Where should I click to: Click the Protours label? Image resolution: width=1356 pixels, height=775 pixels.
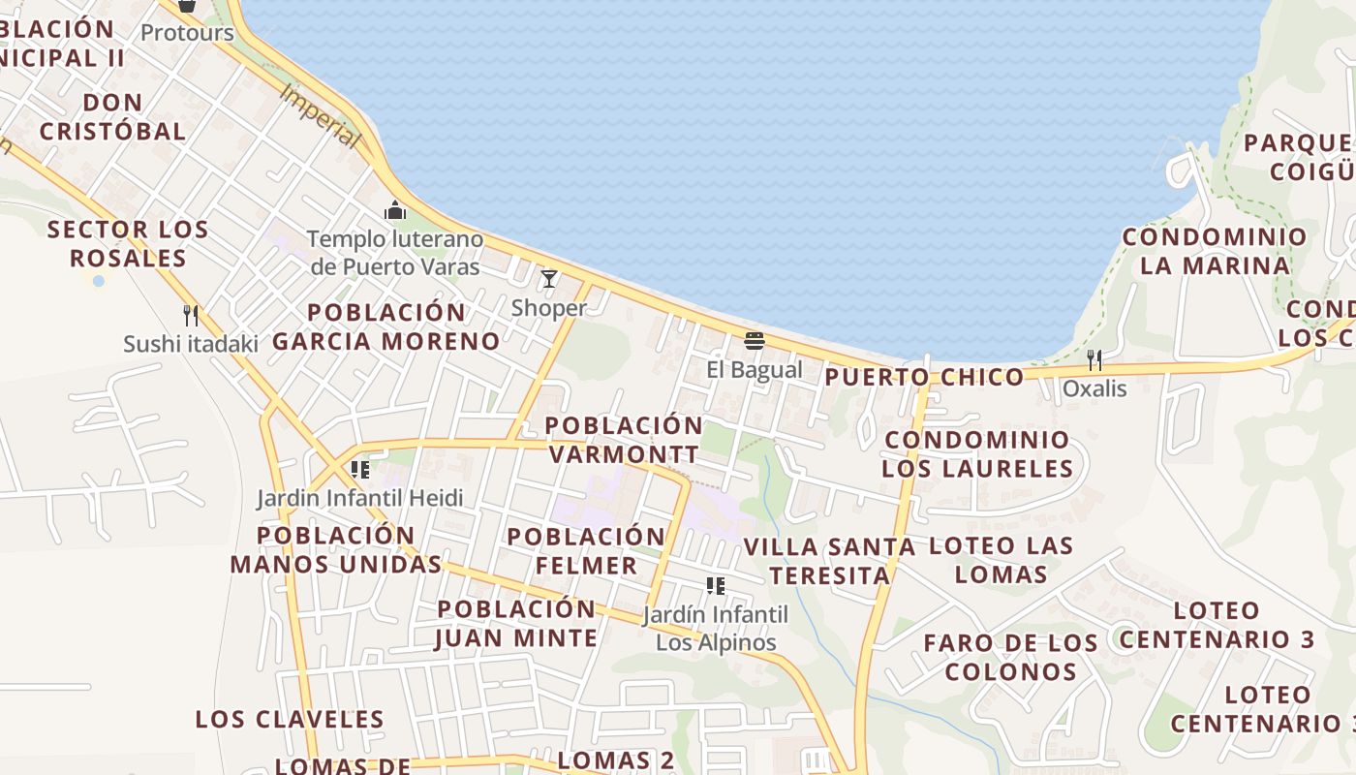(x=187, y=33)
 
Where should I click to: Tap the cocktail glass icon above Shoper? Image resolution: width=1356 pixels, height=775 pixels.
(x=549, y=279)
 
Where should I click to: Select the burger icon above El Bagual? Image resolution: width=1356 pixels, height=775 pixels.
(x=755, y=340)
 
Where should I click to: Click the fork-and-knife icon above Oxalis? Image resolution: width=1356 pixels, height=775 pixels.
(x=1094, y=360)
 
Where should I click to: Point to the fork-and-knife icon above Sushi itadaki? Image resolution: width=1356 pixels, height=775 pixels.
(x=191, y=315)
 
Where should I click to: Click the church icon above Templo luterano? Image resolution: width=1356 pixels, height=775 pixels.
(x=395, y=209)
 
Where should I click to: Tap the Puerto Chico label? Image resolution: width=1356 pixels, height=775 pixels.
(x=924, y=377)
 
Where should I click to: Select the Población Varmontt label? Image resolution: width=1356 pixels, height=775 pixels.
(x=623, y=440)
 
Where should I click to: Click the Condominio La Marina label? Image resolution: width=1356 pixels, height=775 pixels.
(x=1215, y=251)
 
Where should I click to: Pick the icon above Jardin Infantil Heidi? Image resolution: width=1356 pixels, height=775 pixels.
(x=360, y=470)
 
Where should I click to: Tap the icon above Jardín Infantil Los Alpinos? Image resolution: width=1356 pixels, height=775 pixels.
(x=716, y=585)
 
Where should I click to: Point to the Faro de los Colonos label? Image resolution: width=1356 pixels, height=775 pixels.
(x=1011, y=657)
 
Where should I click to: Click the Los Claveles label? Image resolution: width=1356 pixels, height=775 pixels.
(x=290, y=719)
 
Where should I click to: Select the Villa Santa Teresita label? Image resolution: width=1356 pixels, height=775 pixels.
(x=829, y=561)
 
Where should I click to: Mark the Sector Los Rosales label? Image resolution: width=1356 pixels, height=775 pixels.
(x=128, y=244)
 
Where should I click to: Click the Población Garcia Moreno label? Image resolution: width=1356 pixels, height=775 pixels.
(x=385, y=326)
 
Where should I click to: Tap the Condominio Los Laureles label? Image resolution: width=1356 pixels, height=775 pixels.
(x=977, y=454)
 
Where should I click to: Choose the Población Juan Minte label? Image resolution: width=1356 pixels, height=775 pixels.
(x=516, y=623)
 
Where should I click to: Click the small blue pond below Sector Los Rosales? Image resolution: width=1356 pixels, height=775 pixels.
(x=98, y=280)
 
